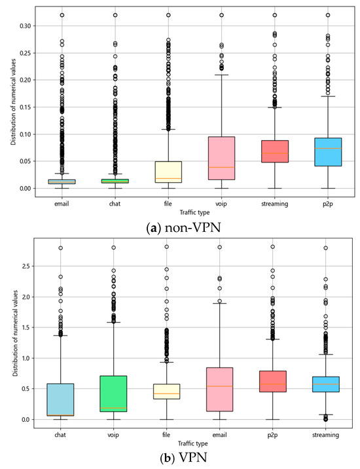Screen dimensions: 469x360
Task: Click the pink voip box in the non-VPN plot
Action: point(221,158)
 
